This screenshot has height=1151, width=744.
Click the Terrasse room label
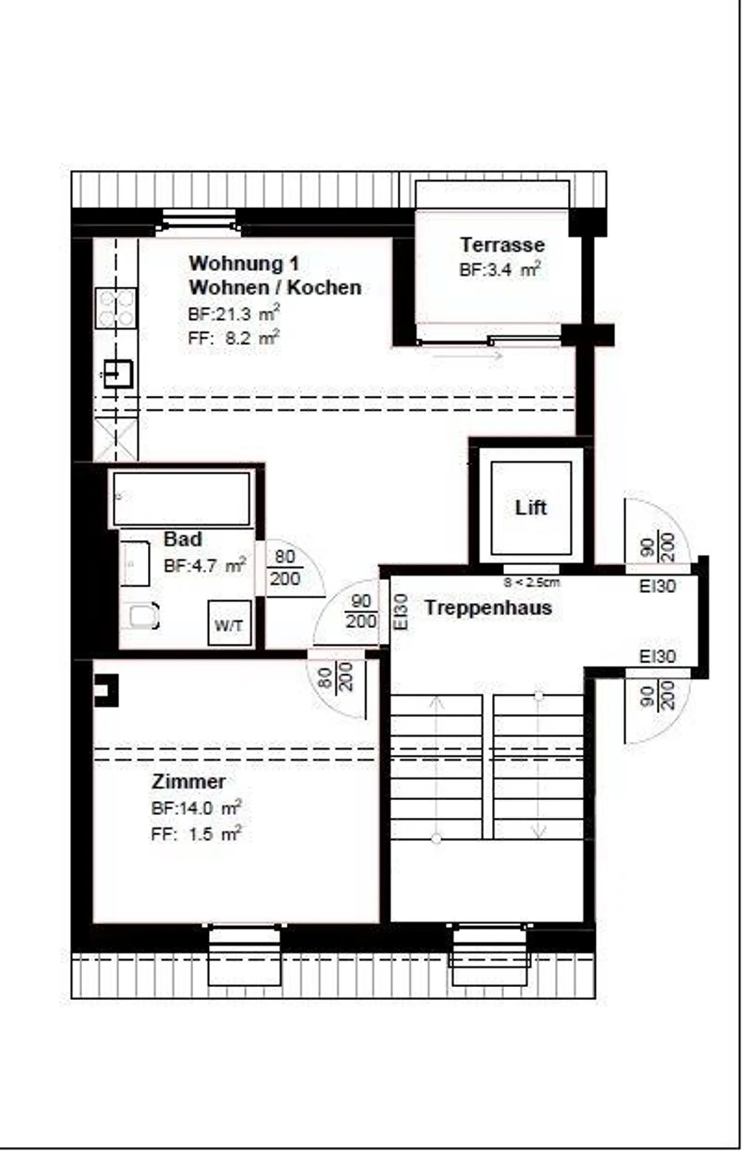point(502,245)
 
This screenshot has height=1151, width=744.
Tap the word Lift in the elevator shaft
point(531,508)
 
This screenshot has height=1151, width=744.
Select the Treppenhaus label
point(488,608)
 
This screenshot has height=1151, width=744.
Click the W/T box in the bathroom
point(229,626)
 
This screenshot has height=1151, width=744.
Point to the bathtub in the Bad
point(181,499)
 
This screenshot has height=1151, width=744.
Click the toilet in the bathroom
point(142,616)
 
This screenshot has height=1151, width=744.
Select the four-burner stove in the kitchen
point(116,308)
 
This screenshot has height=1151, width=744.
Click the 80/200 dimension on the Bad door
point(285,568)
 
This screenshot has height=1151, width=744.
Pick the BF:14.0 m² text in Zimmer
point(196,808)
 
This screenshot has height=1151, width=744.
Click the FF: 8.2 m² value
point(234,338)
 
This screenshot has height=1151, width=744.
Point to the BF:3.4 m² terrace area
point(500,270)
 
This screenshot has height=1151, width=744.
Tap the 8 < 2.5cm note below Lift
point(531,583)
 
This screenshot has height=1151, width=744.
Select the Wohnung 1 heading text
point(244,263)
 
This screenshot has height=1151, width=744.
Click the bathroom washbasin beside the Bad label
point(135,564)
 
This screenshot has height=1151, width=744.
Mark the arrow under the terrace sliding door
point(468,355)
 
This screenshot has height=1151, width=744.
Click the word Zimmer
point(189,781)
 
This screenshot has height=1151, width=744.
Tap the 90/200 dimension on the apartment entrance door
point(361,611)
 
